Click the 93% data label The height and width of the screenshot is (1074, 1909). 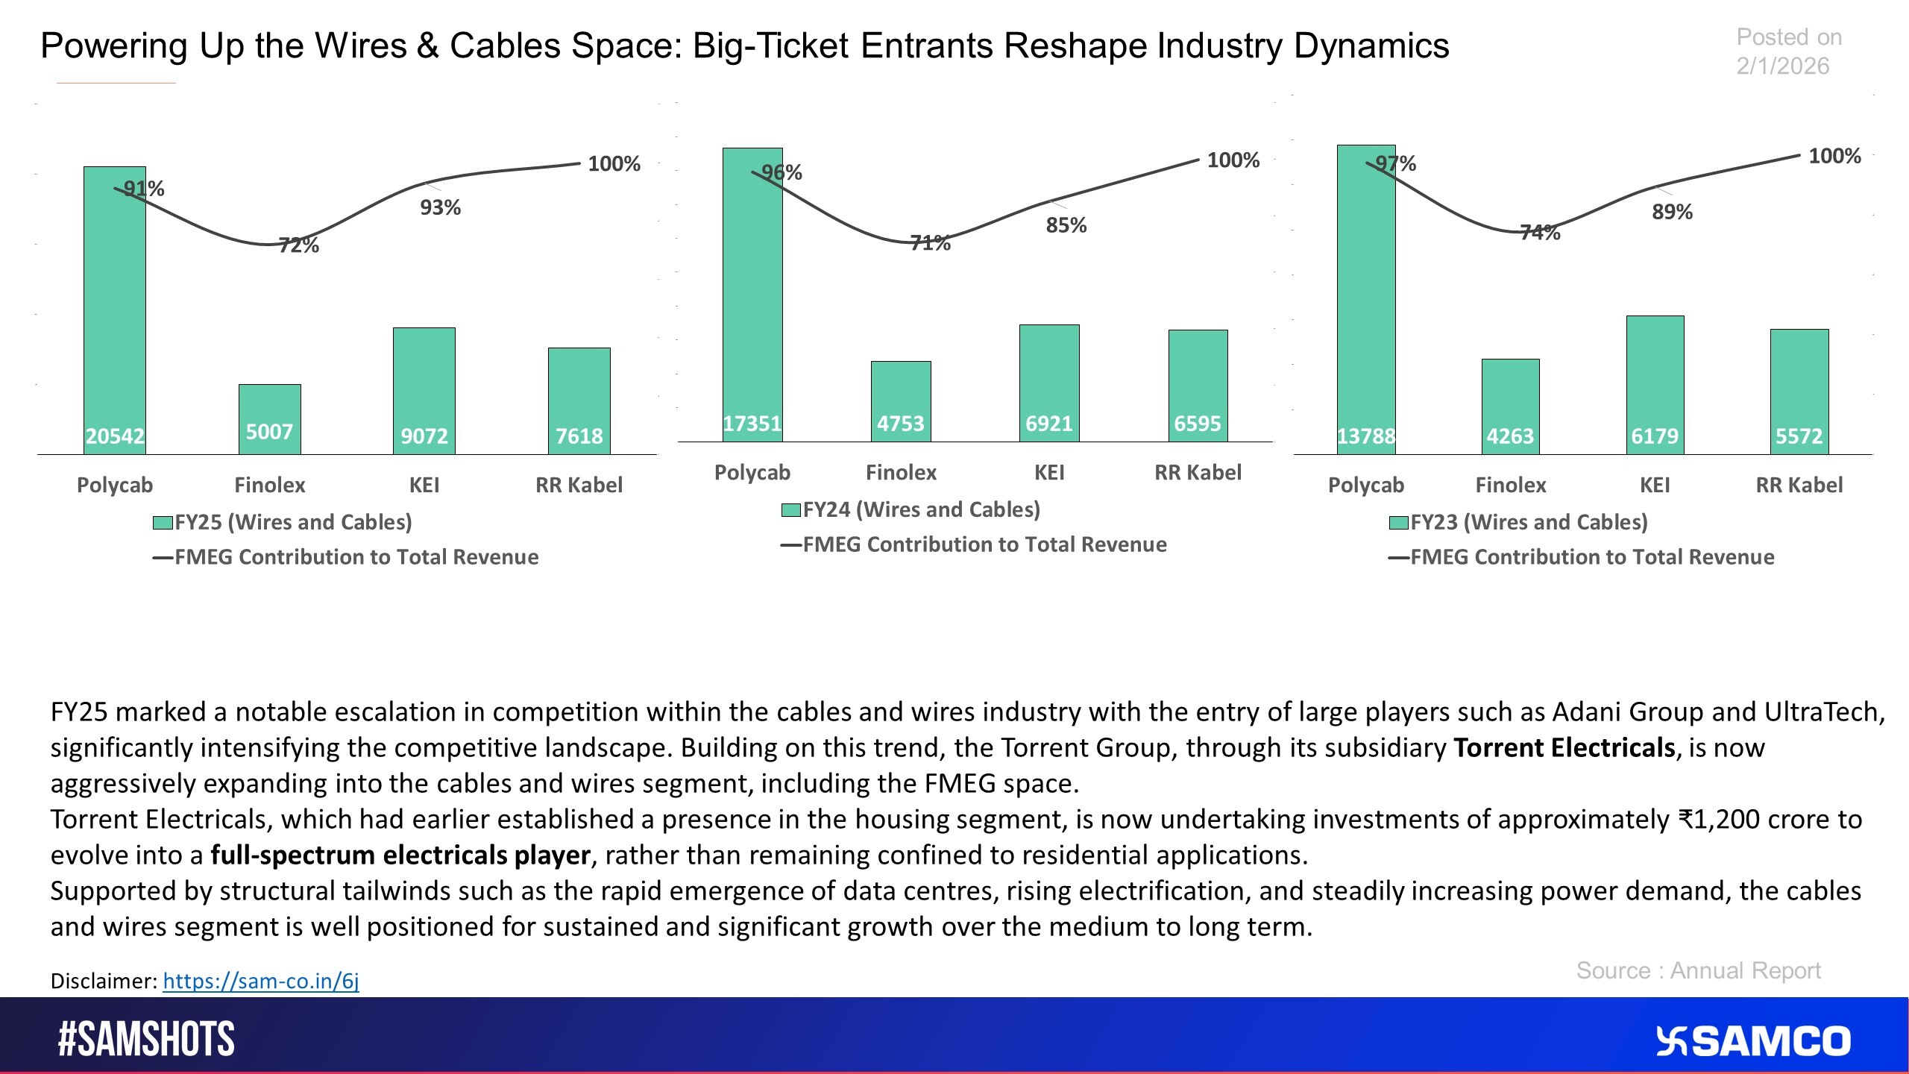440,207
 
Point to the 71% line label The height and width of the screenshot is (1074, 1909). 930,243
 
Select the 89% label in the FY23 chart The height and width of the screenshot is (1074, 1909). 1672,213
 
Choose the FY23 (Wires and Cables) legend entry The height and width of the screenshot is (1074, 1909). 1518,522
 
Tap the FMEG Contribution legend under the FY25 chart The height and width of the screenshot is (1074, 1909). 345,557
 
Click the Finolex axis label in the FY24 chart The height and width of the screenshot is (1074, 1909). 901,473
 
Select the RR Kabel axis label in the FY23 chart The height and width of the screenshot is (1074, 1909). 1799,486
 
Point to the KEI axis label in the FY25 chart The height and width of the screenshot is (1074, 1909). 424,486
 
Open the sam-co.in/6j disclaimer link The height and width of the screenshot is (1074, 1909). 261,981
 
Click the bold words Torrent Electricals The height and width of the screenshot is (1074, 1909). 1564,748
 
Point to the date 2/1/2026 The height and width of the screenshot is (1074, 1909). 1782,66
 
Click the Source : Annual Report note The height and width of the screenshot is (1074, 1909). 1698,971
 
